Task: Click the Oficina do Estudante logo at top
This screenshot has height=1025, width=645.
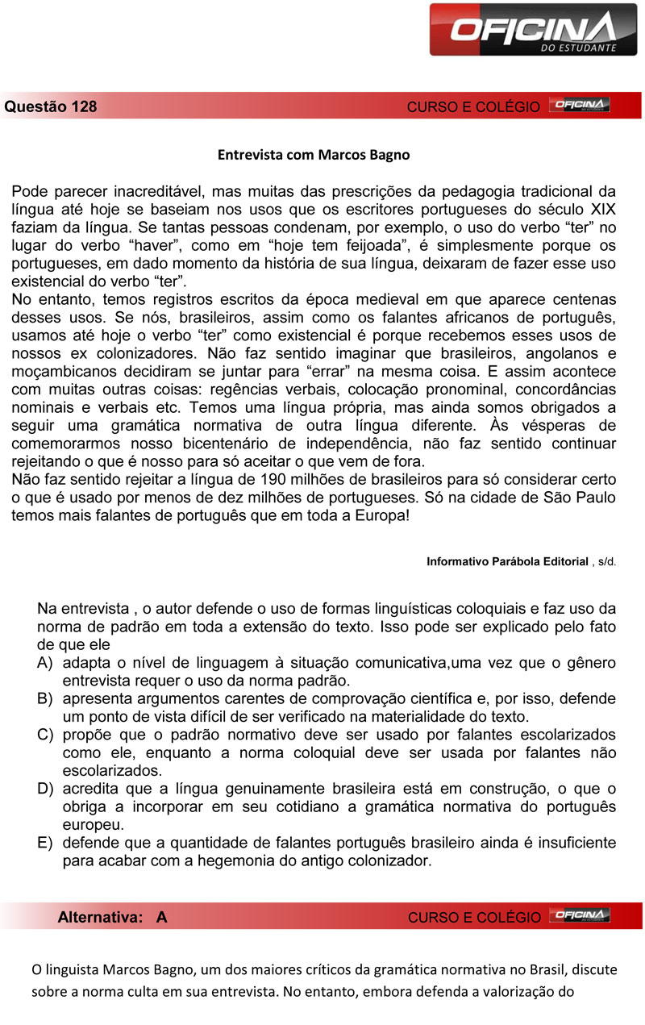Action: pos(535,30)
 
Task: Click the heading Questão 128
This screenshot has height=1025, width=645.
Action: pos(51,106)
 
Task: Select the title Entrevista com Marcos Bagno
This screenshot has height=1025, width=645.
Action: pos(314,154)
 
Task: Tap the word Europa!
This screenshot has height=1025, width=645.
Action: pos(378,515)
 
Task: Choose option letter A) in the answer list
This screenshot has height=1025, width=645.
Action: pos(45,663)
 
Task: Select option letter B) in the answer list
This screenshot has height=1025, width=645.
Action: pos(45,698)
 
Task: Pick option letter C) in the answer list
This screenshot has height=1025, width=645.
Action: pos(45,735)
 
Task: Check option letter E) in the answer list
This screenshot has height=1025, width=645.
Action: pos(45,843)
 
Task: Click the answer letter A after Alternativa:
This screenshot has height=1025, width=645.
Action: pos(162,917)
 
